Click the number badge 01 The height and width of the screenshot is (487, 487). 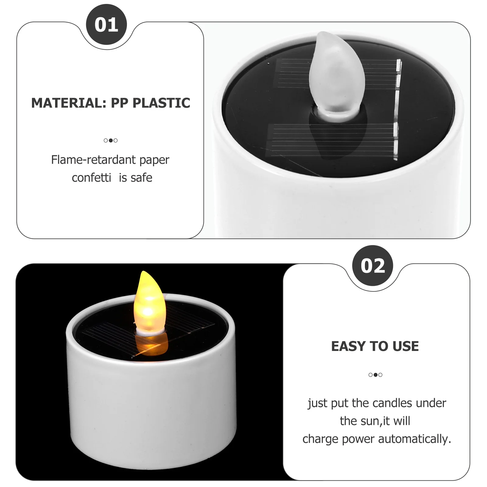[x=106, y=25]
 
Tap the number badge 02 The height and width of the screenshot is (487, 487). [x=373, y=266]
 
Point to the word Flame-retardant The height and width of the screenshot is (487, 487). [x=93, y=159]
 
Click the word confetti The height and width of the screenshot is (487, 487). [x=91, y=178]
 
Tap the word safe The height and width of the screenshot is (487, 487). [x=142, y=178]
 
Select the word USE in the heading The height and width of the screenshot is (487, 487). [x=406, y=346]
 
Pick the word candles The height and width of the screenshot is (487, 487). [x=393, y=403]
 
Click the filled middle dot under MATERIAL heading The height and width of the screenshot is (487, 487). [x=110, y=140]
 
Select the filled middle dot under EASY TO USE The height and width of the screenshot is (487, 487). [x=375, y=375]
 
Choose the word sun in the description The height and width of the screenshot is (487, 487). [x=370, y=421]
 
